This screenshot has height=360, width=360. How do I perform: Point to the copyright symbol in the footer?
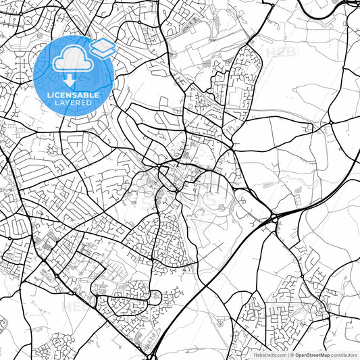pyautogui.click(x=292, y=354)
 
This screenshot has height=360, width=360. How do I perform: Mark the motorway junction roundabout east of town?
pyautogui.click(x=274, y=217)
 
